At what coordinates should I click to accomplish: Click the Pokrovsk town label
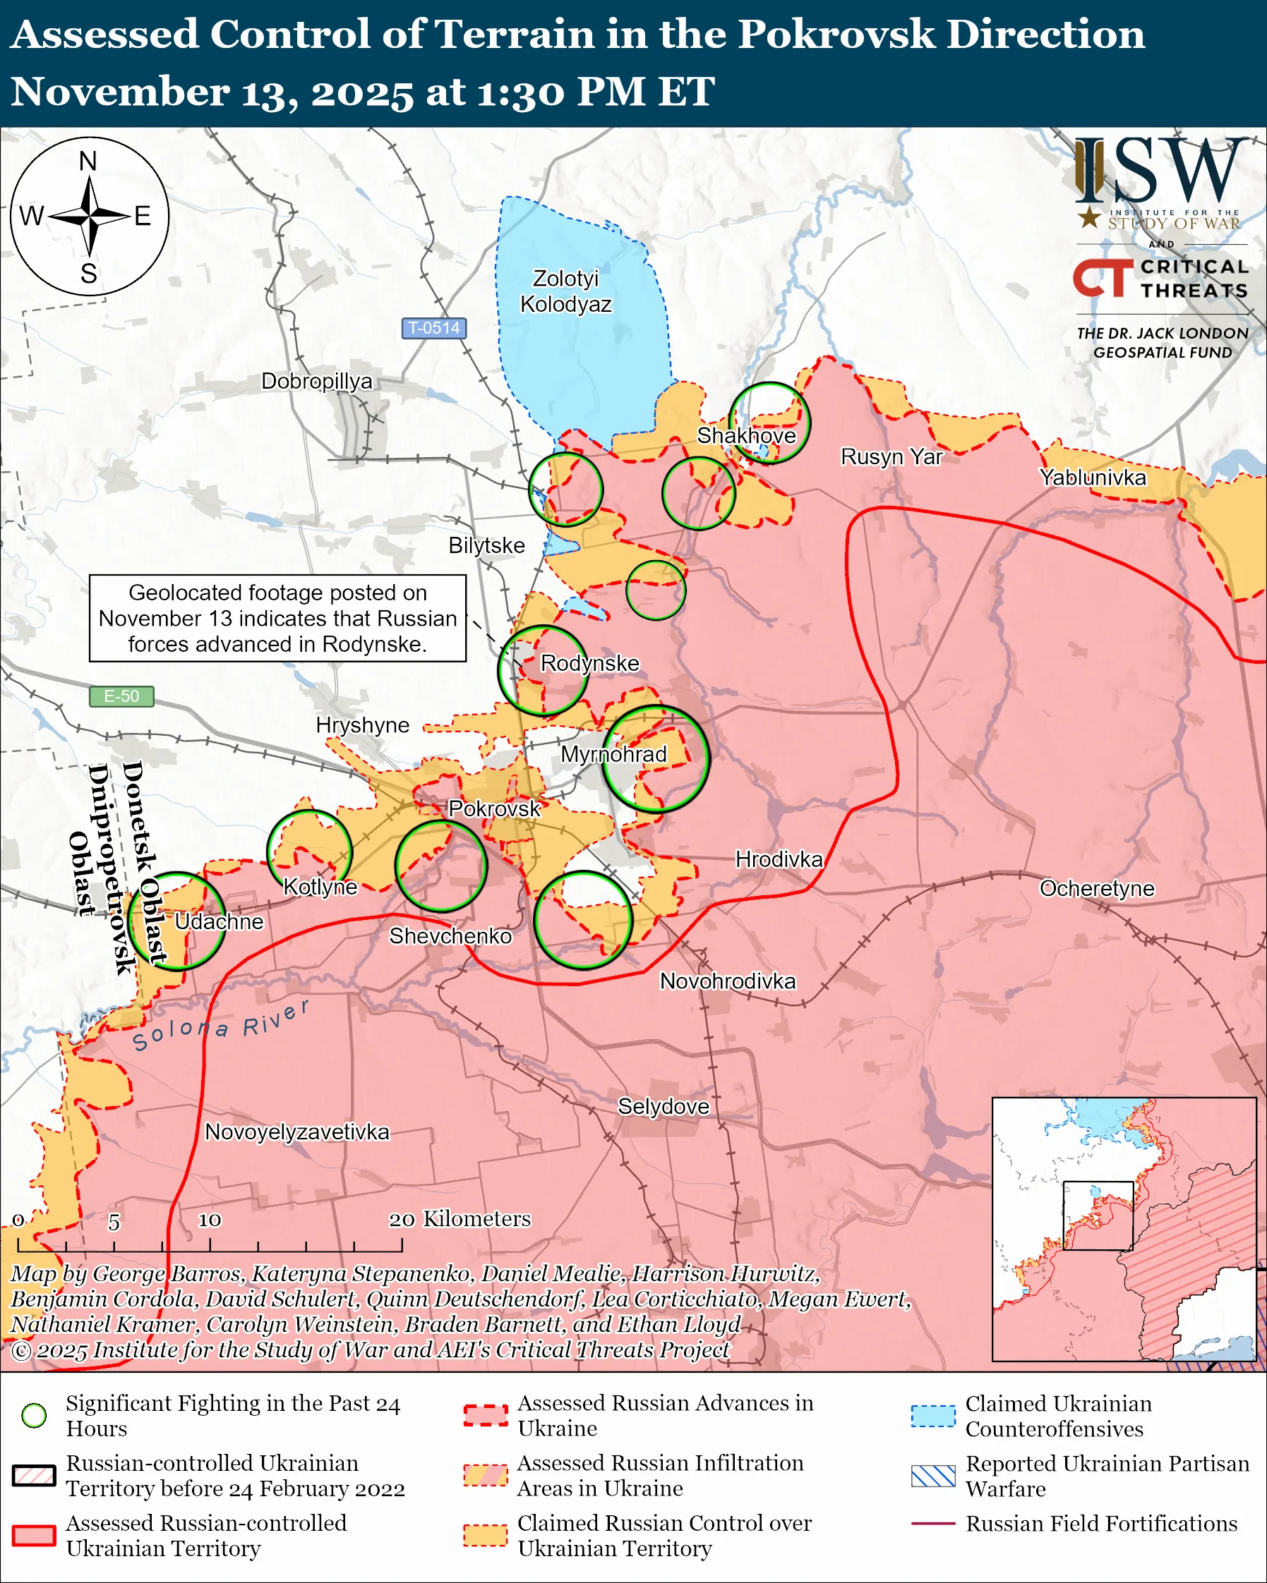494,808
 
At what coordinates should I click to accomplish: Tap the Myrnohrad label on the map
613,754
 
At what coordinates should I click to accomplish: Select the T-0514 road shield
433,327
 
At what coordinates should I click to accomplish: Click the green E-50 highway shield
121,696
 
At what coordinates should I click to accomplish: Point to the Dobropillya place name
316,381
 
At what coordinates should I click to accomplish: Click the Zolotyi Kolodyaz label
565,291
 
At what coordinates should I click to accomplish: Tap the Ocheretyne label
1097,887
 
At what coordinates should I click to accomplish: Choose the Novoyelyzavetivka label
296,1132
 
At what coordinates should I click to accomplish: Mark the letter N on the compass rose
88,161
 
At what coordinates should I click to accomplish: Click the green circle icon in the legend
34,1415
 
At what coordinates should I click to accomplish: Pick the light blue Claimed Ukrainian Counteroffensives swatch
933,1415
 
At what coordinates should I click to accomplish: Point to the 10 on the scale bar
210,1220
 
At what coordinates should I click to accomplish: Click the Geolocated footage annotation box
277,618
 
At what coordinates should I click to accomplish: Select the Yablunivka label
1092,478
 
